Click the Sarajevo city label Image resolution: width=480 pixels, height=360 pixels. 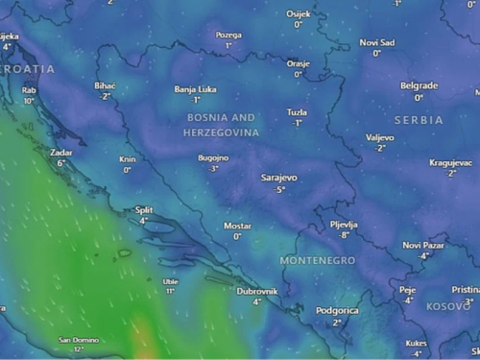pos(279,178)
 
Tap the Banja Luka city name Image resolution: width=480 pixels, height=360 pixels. pos(195,89)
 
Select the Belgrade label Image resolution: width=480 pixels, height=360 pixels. pos(419,85)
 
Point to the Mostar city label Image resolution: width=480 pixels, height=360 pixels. pos(237,226)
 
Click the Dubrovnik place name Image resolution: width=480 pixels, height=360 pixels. pos(257,291)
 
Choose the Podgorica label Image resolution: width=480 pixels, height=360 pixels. pos(337,311)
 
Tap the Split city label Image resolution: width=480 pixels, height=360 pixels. pos(144,209)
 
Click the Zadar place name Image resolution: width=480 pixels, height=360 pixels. pos(61,152)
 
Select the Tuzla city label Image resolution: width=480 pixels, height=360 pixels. pos(298,112)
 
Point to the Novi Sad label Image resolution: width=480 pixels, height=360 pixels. pos(376,42)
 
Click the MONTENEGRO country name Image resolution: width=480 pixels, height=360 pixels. pos(317,260)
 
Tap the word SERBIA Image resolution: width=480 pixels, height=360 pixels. pos(419,120)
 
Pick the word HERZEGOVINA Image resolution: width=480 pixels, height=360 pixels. pos(221,131)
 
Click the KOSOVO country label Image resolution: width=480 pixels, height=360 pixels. pos(448,306)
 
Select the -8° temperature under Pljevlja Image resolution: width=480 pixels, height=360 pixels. pos(343,234)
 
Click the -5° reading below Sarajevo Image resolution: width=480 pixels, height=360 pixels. pos(279,189)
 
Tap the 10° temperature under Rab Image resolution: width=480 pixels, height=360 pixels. pos(29,101)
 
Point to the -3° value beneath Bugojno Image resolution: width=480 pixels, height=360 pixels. pos(213,168)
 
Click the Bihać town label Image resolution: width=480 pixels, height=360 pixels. pos(106,85)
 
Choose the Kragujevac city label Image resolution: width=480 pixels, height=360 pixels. pos(450,162)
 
